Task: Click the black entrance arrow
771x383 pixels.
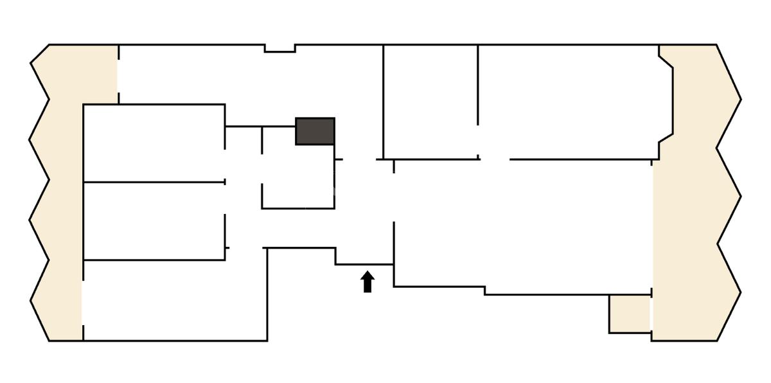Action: (x=368, y=282)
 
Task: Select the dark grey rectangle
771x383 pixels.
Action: (x=315, y=131)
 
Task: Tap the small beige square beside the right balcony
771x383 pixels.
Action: (x=630, y=314)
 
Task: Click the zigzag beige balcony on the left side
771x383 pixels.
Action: (x=58, y=193)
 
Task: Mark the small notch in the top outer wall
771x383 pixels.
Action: (x=280, y=48)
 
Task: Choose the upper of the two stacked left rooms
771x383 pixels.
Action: (x=154, y=143)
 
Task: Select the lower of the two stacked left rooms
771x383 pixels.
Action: (x=154, y=221)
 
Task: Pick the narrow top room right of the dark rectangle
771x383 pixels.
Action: (x=430, y=102)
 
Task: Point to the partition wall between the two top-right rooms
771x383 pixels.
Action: (x=478, y=84)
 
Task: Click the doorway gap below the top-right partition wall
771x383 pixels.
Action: (x=495, y=159)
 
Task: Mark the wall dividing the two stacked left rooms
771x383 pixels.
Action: (x=154, y=183)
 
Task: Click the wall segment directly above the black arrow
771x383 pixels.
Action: (x=365, y=264)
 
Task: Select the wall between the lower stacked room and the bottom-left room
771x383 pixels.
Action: (x=154, y=260)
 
